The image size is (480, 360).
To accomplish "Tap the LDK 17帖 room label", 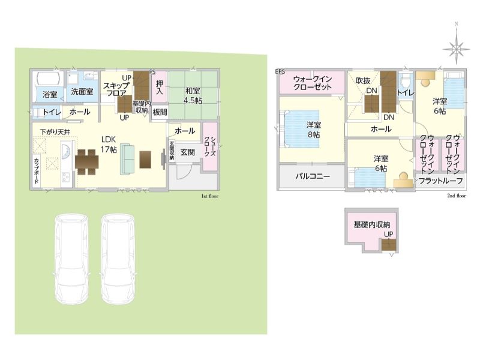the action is (109, 145).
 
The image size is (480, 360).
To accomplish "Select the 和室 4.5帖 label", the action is (193, 95).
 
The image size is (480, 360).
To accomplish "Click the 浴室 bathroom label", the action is (50, 95).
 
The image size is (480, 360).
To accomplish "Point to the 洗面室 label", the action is (82, 92).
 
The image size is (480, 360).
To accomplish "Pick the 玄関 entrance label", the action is (187, 152).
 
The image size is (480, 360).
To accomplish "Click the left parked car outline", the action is (71, 259).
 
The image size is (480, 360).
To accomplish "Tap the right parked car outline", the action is (118, 259).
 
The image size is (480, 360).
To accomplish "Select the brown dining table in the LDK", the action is (87, 162).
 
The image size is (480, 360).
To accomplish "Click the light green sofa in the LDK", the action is (127, 159).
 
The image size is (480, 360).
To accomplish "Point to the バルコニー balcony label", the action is (313, 176).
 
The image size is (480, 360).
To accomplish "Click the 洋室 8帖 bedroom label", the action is (314, 130).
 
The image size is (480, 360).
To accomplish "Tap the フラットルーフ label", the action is (440, 181).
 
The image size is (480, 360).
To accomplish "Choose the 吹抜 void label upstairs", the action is (363, 81).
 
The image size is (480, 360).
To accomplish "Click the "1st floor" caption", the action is (209, 196).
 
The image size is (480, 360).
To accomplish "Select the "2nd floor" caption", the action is (457, 196).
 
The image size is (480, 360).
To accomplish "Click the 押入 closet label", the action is (160, 87).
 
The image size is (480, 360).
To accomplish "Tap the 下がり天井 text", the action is (55, 132).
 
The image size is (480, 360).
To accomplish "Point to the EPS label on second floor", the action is (280, 71).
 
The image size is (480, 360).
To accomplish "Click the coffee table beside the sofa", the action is (145, 160).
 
